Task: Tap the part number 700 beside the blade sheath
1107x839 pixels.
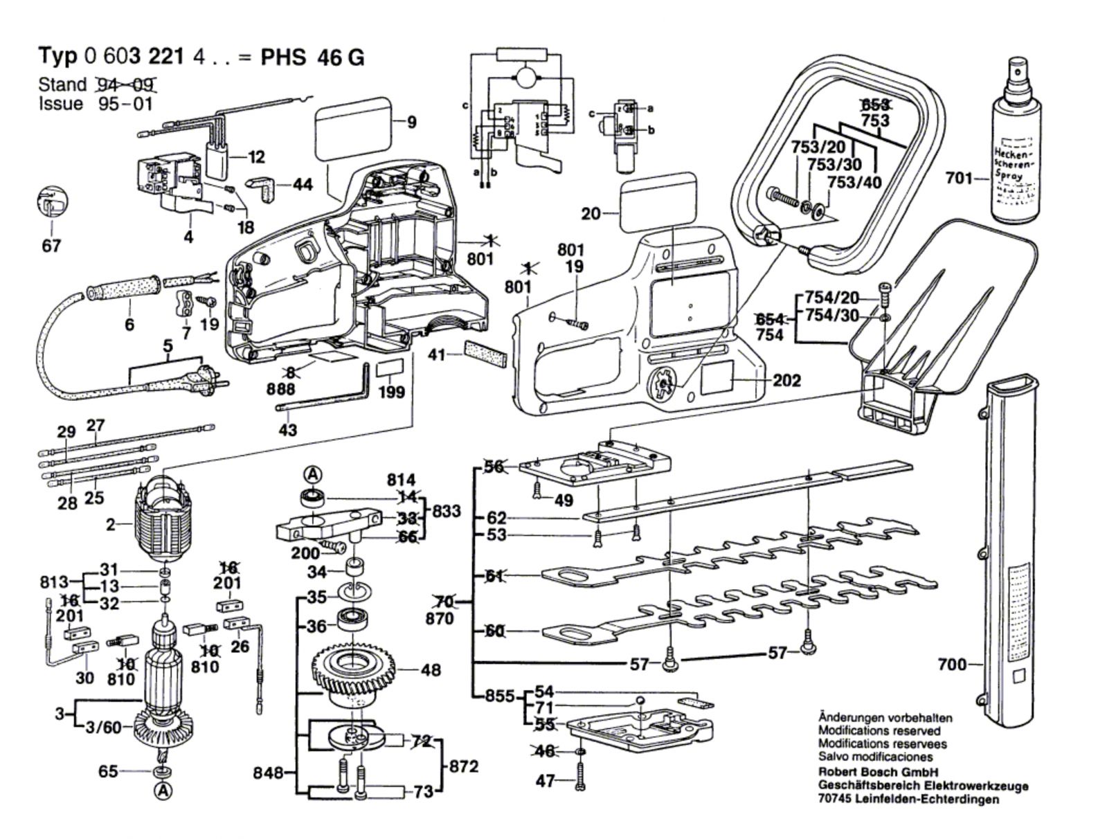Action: click(x=951, y=665)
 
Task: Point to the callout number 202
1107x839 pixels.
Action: click(x=786, y=380)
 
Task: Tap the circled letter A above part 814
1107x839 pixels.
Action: click(x=313, y=475)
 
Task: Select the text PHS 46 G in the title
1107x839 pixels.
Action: click(x=312, y=57)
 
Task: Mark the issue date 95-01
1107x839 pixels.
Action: click(x=125, y=104)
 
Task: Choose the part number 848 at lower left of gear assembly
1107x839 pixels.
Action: click(x=269, y=773)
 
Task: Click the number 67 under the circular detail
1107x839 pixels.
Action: click(x=51, y=246)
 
